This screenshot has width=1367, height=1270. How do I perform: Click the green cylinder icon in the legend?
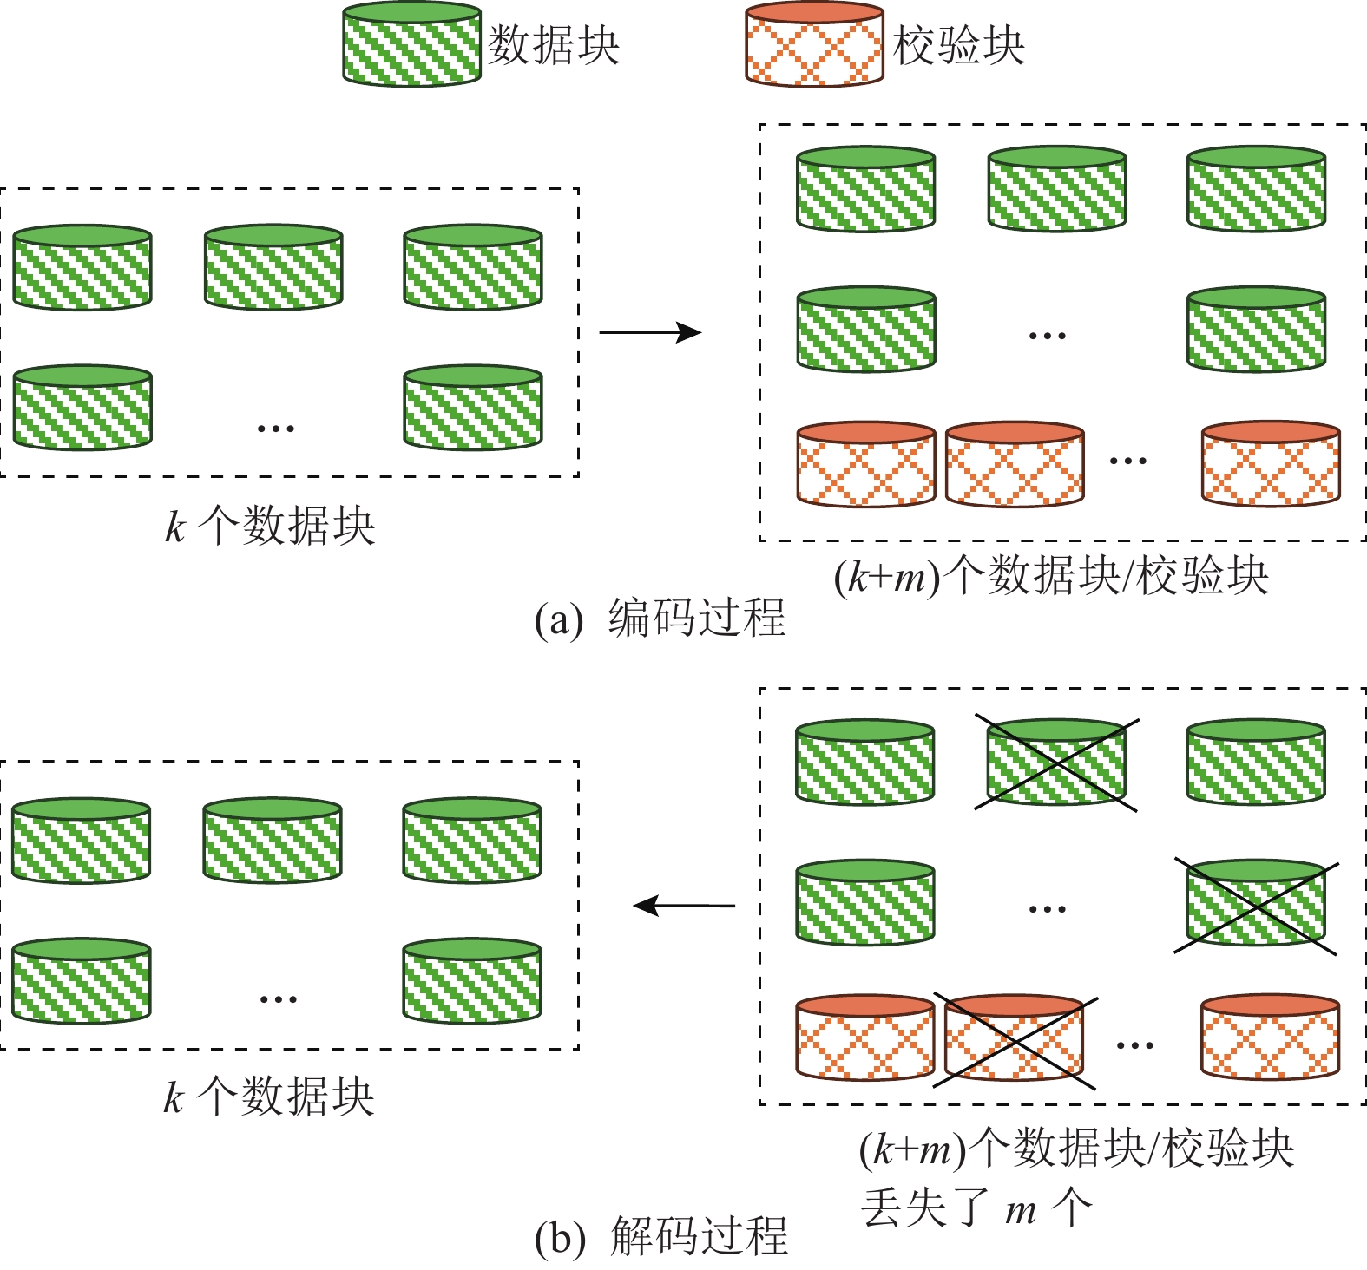pos(411,45)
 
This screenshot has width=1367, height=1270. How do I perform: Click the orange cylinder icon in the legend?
pos(814,45)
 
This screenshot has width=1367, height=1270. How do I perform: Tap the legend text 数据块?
pos(554,45)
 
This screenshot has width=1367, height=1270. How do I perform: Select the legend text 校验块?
pos(959,45)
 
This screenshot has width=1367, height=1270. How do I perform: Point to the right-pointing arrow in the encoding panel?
pos(649,332)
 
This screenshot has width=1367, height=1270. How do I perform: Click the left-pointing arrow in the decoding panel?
pos(684,906)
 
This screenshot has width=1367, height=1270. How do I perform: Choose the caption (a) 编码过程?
pos(660,619)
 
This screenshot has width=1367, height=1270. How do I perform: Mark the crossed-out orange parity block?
pos(1014,1039)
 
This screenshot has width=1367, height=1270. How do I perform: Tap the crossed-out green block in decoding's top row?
pos(1056,763)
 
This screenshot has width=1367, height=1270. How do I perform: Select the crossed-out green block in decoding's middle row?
pos(1255,904)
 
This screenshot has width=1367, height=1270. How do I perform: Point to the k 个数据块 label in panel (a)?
pos(270,526)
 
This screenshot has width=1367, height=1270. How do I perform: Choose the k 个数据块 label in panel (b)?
pos(269,1097)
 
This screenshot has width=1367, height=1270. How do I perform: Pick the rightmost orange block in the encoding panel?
pos(1271,464)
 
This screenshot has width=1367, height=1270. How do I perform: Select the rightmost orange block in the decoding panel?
pos(1270,1038)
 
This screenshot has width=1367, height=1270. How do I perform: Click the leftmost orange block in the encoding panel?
pos(866,464)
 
